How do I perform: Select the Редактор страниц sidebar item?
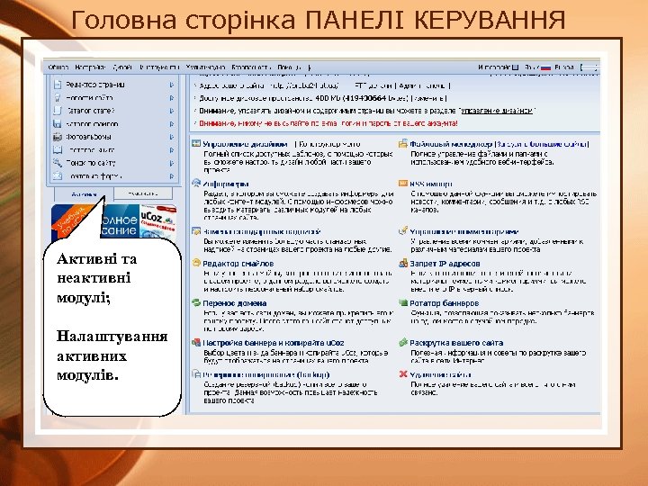[x=94, y=85]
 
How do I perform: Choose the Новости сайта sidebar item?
[x=90, y=97]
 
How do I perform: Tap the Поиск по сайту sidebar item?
[x=91, y=163]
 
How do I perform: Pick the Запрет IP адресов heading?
[x=445, y=263]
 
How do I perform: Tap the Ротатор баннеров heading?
[x=444, y=302]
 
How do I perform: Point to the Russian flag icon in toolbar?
[x=544, y=67]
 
